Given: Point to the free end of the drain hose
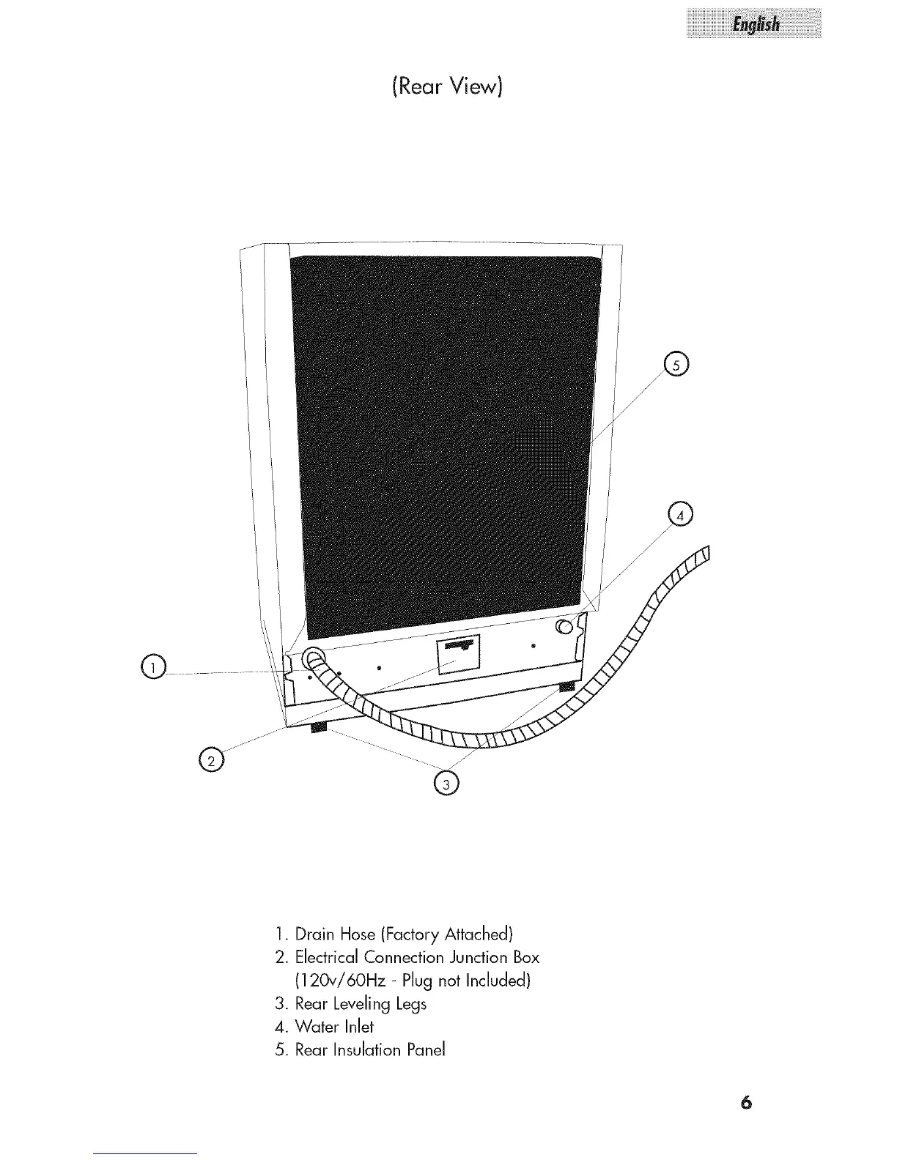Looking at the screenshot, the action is (705, 554).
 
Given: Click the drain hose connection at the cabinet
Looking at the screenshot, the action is (313, 656).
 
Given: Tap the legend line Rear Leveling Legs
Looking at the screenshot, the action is (360, 1004).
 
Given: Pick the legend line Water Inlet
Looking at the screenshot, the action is (334, 1027).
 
